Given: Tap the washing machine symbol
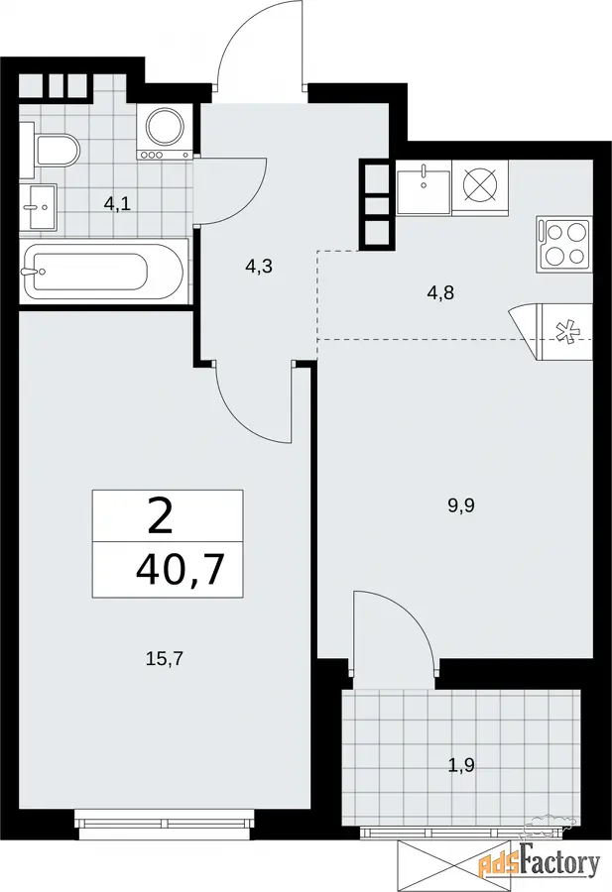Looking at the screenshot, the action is [x=164, y=132].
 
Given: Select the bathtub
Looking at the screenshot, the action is [x=103, y=272].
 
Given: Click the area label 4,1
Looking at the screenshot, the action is [x=117, y=203].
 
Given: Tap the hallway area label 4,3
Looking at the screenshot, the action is [x=259, y=267].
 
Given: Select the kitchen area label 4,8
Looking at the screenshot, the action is [x=441, y=294].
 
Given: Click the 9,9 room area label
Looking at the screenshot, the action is [x=461, y=504].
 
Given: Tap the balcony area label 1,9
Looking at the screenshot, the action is [x=461, y=765].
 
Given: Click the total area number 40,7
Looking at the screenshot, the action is [x=179, y=570].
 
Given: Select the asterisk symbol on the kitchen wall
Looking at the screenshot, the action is [x=566, y=332].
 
